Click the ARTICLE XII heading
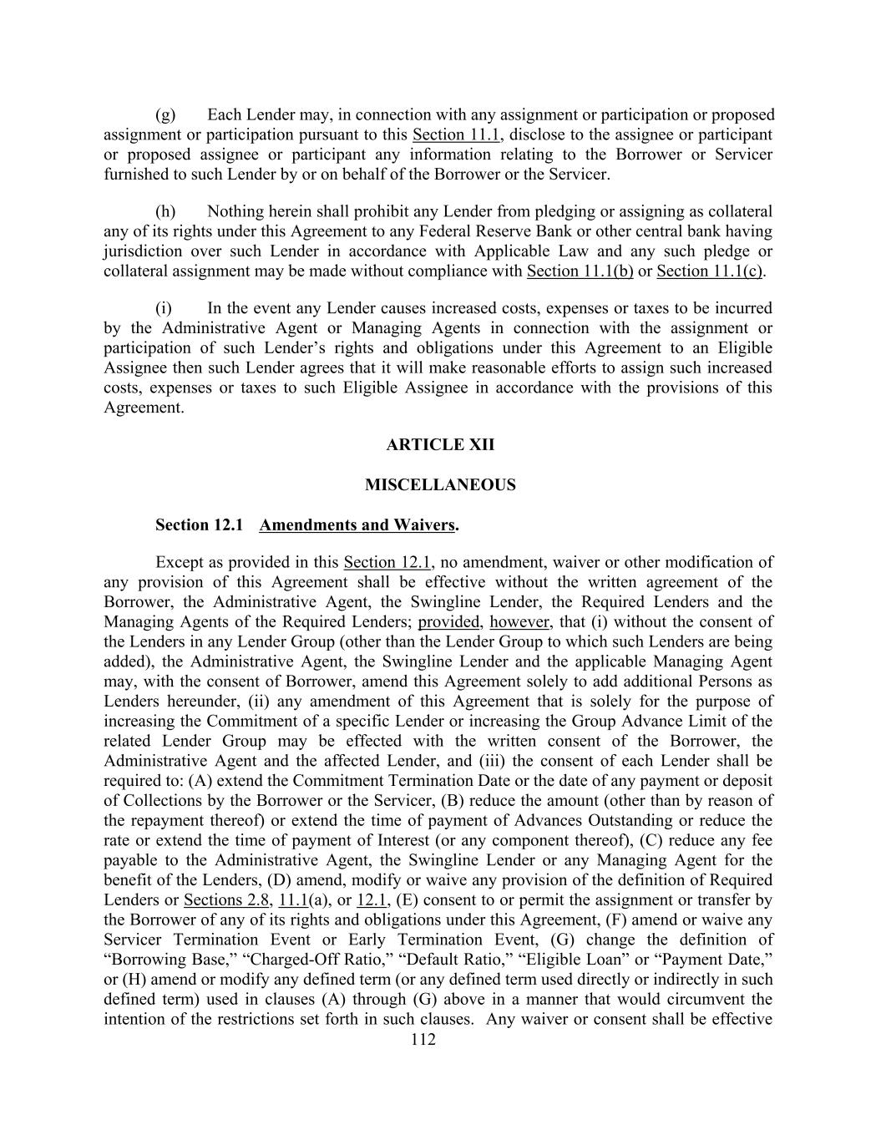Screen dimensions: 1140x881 point(440,445)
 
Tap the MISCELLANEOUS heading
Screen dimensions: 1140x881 point(440,485)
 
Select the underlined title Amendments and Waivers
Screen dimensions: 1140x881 point(358,525)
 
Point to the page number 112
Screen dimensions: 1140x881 point(423,1040)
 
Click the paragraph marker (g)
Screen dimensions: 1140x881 point(165,115)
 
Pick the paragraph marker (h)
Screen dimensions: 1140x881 point(165,212)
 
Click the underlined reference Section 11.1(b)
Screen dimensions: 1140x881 point(580,271)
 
